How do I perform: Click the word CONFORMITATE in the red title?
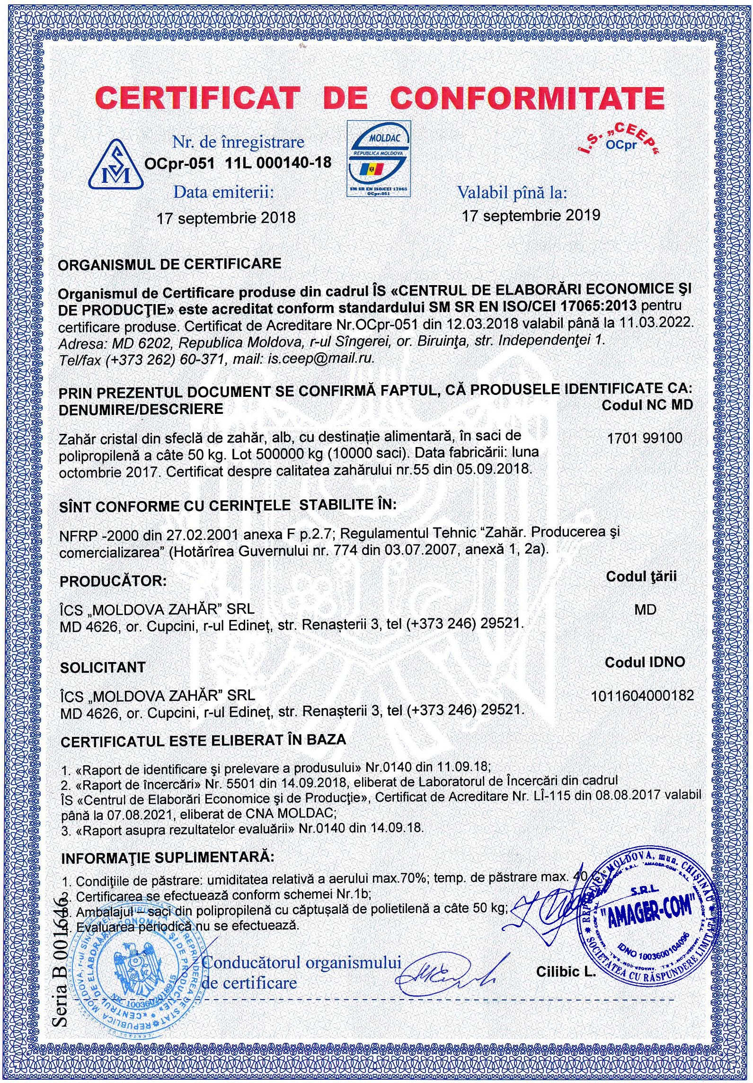tap(528, 98)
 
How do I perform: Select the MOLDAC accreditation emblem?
tap(379, 159)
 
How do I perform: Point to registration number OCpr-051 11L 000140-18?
tap(238, 162)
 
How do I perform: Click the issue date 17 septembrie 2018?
tap(226, 218)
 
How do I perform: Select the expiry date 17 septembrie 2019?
tap(531, 215)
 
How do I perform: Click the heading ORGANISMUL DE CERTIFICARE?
tap(169, 264)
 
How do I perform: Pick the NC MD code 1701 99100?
tap(645, 438)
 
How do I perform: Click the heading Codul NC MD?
tap(647, 404)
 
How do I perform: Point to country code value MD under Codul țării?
tap(646, 609)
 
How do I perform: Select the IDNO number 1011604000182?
tap(642, 696)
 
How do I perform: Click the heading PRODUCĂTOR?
tap(114, 581)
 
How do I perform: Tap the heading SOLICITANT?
tap(103, 667)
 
